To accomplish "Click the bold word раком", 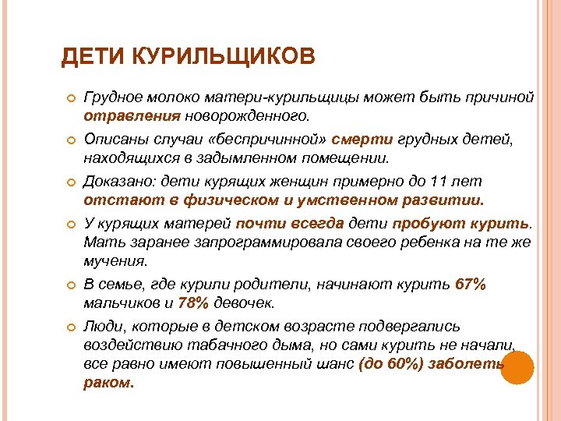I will (108, 383).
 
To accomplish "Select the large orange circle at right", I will (516, 367).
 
